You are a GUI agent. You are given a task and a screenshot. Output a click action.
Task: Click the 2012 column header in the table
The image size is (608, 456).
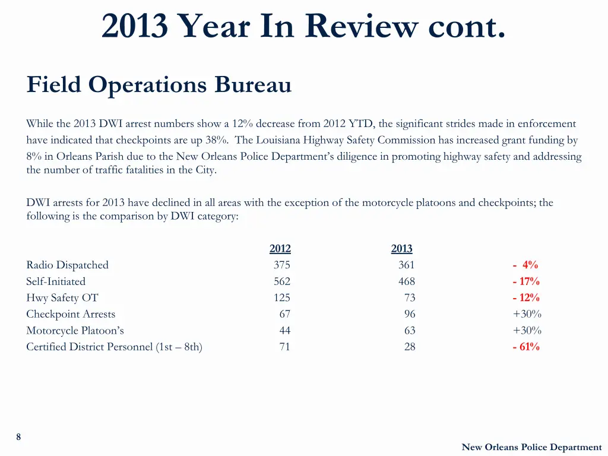click(280, 249)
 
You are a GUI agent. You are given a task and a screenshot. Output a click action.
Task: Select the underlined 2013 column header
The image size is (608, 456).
click(401, 249)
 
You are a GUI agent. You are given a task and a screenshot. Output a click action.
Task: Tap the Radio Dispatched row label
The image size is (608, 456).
click(67, 265)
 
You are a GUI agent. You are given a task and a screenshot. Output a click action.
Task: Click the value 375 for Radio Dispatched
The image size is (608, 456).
click(281, 265)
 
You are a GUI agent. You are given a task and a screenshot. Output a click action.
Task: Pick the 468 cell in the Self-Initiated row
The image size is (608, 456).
click(406, 281)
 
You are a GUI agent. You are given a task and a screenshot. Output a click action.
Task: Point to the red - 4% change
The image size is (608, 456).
click(525, 265)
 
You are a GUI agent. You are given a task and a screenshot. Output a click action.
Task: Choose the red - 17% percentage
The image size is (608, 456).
click(525, 281)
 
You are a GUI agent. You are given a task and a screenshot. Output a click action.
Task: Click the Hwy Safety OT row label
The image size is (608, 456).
click(62, 298)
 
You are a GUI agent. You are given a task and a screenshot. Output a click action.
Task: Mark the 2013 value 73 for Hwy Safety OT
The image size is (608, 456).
click(409, 298)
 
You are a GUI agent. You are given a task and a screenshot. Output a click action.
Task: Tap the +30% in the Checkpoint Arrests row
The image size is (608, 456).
click(527, 314)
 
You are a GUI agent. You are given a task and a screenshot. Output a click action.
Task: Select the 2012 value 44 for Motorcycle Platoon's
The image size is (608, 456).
click(284, 331)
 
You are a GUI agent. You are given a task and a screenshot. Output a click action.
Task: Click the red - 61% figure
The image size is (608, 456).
click(525, 347)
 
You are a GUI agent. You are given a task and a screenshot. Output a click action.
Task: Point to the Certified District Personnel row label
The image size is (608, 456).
click(114, 347)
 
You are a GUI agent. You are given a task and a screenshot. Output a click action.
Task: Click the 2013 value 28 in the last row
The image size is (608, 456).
click(409, 347)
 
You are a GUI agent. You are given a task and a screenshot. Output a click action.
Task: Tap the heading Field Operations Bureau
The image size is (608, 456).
click(159, 85)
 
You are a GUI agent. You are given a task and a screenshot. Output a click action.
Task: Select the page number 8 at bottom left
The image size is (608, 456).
click(18, 437)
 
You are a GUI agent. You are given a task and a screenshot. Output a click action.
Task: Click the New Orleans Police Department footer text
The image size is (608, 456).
click(531, 447)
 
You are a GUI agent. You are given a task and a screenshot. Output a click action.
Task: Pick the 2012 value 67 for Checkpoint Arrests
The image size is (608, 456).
click(284, 314)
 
